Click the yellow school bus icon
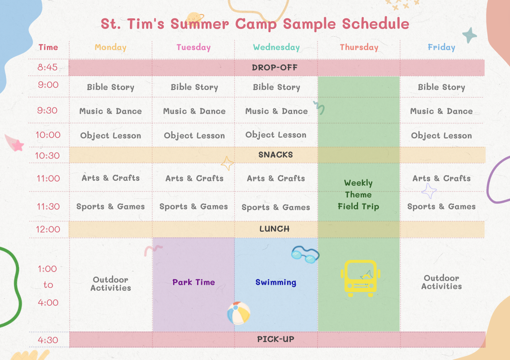tap(361, 278)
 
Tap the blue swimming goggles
tap(306, 255)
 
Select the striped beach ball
tap(239, 313)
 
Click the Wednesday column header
tap(276, 47)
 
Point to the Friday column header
tap(441, 47)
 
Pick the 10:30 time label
tap(47, 156)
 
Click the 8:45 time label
tap(47, 67)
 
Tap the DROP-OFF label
tap(275, 67)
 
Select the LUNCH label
tap(275, 229)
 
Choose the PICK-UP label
tap(276, 339)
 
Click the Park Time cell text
tap(193, 282)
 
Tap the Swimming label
tap(276, 282)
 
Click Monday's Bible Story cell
tap(110, 87)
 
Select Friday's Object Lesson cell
tap(441, 136)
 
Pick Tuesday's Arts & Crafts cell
tap(194, 178)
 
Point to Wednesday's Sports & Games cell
tap(276, 207)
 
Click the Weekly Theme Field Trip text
tap(358, 195)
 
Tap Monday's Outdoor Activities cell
tap(111, 284)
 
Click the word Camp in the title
tap(256, 24)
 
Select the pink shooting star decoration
tap(14, 143)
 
